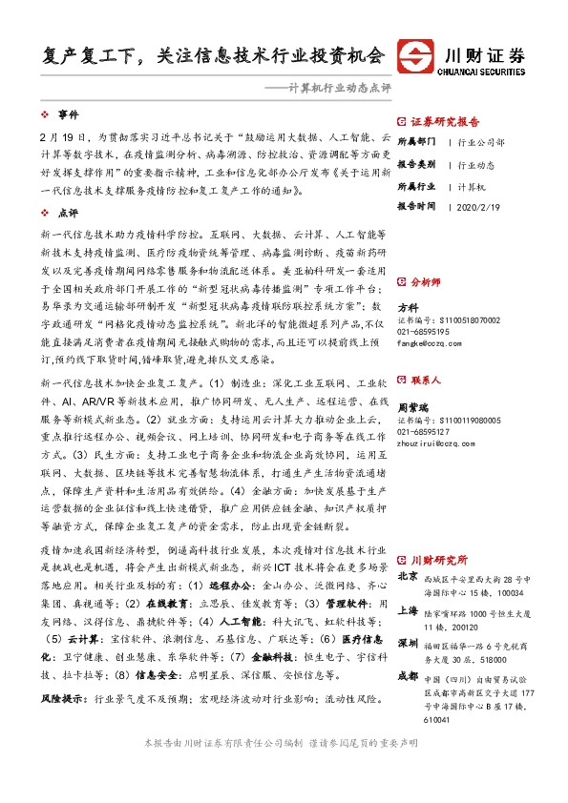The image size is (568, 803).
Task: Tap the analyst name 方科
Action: click(x=408, y=307)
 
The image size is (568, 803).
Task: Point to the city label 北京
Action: click(x=408, y=576)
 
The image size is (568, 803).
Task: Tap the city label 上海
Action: click(x=408, y=612)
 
